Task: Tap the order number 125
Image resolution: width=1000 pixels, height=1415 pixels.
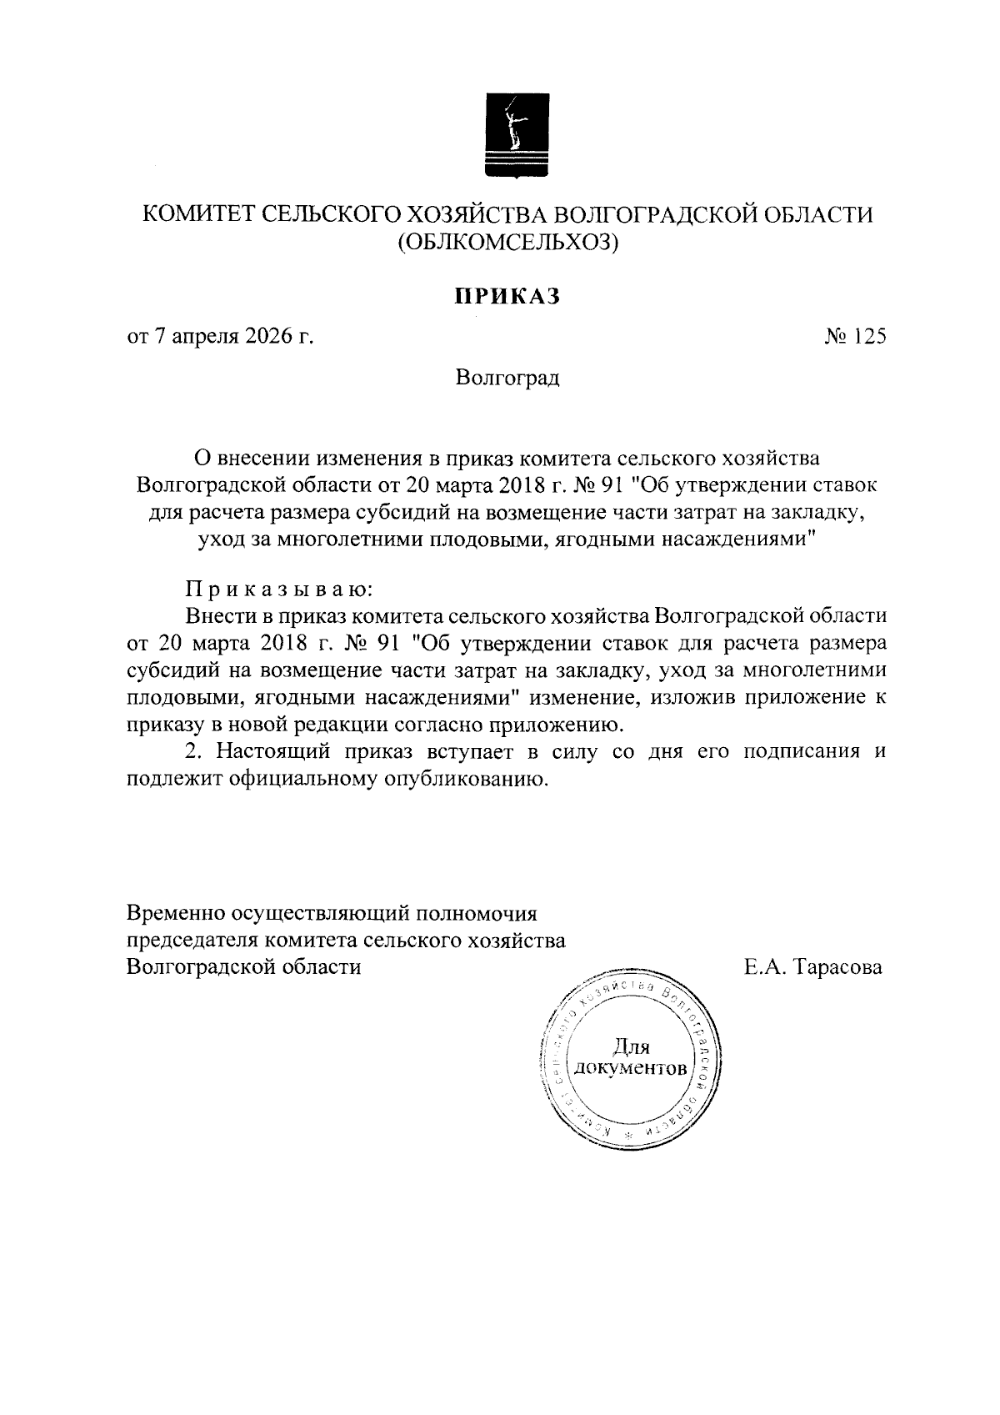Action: pyautogui.click(x=869, y=337)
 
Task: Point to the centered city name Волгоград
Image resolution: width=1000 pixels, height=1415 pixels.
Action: pyautogui.click(x=507, y=378)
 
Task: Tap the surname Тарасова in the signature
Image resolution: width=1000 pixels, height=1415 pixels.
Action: pyautogui.click(x=837, y=967)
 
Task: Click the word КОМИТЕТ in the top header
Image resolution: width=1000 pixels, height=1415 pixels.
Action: pyautogui.click(x=196, y=215)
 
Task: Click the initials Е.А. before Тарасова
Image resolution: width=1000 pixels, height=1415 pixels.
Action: pyautogui.click(x=766, y=967)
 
